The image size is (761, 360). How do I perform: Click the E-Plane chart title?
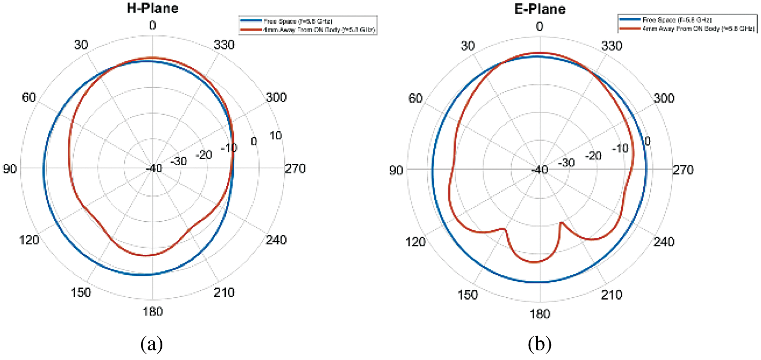point(539,9)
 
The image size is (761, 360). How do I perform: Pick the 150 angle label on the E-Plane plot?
point(468,295)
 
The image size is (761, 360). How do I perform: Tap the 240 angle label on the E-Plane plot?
point(664,241)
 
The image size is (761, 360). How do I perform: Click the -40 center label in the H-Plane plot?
point(153,169)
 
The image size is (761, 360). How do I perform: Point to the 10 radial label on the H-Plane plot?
point(276,136)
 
